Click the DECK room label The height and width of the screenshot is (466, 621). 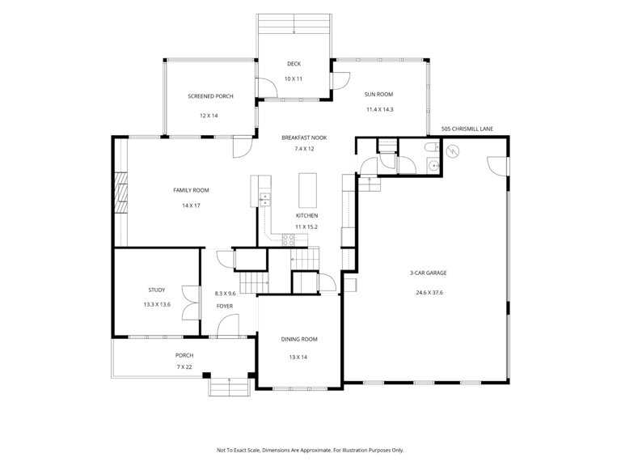[294, 64]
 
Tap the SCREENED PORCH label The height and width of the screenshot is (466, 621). [210, 96]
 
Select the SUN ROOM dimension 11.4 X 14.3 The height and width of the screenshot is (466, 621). [379, 109]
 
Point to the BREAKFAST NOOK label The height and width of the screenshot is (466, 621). [304, 138]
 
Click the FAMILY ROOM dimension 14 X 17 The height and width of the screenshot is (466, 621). [191, 205]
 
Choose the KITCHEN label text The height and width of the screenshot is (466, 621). [306, 215]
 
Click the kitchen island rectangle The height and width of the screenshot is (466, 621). [307, 190]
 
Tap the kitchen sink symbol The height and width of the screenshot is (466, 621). [264, 199]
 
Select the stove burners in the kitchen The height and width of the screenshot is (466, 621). [289, 239]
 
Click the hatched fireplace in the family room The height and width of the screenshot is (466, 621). [120, 193]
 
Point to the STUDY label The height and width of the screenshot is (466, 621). [156, 290]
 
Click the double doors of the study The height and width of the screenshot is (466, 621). [191, 303]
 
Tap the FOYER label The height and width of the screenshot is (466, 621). [225, 307]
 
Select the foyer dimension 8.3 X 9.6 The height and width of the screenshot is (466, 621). [225, 294]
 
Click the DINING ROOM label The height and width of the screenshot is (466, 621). [299, 339]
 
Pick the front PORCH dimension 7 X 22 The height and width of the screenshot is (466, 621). [184, 367]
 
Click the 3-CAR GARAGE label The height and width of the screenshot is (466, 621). [428, 273]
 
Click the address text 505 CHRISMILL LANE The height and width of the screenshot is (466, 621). [467, 129]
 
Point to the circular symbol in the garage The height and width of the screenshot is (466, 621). [452, 151]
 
